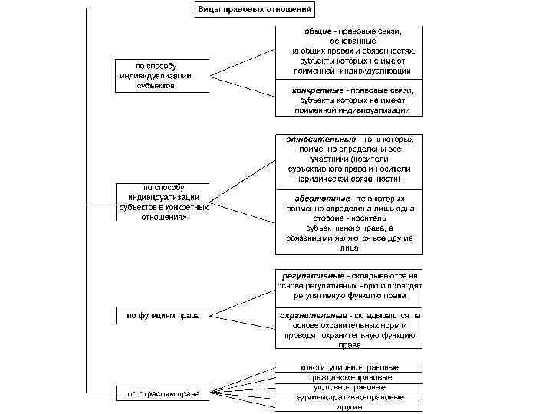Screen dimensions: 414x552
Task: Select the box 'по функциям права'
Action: [x=159, y=315]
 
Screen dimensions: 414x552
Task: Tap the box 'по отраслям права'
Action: [x=159, y=395]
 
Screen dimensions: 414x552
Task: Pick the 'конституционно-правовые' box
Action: [x=349, y=367]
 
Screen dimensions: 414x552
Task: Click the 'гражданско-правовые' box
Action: [x=349, y=377]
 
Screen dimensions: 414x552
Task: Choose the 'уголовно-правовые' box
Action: [x=349, y=387]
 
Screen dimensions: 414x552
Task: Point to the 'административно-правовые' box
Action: [x=349, y=397]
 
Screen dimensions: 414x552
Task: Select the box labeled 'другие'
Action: [x=349, y=407]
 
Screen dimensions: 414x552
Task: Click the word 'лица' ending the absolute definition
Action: [x=349, y=248]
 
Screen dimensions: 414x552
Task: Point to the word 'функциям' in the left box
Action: [x=157, y=315]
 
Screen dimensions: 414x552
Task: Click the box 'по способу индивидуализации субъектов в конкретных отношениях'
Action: [x=163, y=202]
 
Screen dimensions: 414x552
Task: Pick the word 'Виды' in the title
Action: [x=209, y=11]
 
